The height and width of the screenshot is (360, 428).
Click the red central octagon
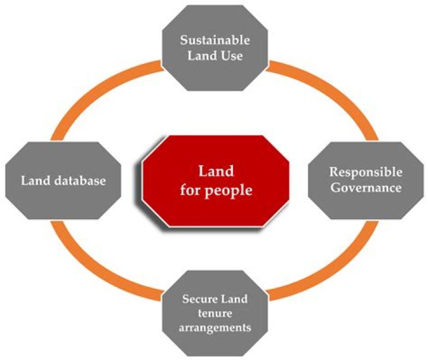(215, 182)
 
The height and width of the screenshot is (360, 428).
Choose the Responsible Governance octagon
(366, 179)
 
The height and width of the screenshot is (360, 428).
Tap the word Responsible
(366, 172)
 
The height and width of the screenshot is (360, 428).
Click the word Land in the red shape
(215, 172)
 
